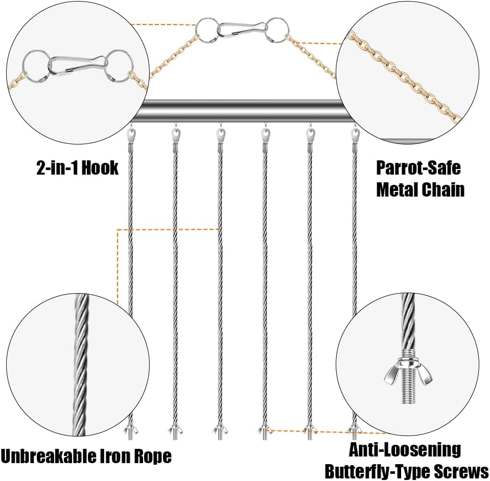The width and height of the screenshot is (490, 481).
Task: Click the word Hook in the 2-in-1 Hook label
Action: [100, 168]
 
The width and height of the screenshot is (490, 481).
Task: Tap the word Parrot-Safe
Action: [418, 167]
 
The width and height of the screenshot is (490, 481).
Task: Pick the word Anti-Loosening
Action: [405, 450]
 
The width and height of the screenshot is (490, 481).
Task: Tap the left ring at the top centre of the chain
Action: [206, 30]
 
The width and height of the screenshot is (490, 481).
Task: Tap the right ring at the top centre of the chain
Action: [278, 30]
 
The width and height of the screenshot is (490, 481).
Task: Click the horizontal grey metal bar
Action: [241, 111]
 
